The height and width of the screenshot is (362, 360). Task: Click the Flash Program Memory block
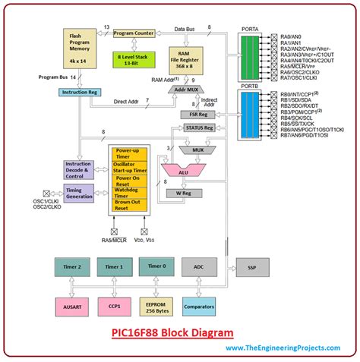tap(80, 50)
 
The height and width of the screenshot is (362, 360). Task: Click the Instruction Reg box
tap(80, 92)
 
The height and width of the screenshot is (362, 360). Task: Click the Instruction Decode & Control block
tap(79, 168)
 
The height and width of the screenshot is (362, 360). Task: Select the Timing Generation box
tap(79, 192)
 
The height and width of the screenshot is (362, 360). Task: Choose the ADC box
tap(199, 267)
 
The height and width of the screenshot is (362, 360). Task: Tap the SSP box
tap(251, 267)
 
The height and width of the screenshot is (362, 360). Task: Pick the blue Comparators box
tap(199, 306)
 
